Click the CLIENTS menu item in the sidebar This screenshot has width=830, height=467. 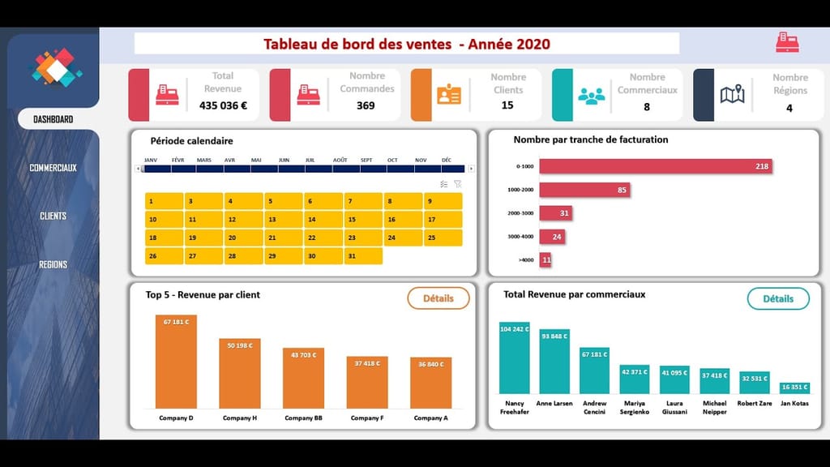point(53,216)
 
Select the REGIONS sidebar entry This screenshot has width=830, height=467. point(53,264)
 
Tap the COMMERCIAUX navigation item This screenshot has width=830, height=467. point(53,168)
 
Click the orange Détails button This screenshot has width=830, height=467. point(438,298)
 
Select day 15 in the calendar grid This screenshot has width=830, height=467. point(362,220)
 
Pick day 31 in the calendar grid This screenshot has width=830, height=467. point(362,256)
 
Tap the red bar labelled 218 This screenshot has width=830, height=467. point(655,166)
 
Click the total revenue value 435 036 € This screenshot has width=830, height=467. point(223,105)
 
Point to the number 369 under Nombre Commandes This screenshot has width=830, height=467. point(366,105)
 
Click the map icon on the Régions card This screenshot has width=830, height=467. point(732,95)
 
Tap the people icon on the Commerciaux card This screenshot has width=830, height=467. point(592,95)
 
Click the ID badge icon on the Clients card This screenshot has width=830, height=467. point(448,95)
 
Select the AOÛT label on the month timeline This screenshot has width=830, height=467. point(340,160)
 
